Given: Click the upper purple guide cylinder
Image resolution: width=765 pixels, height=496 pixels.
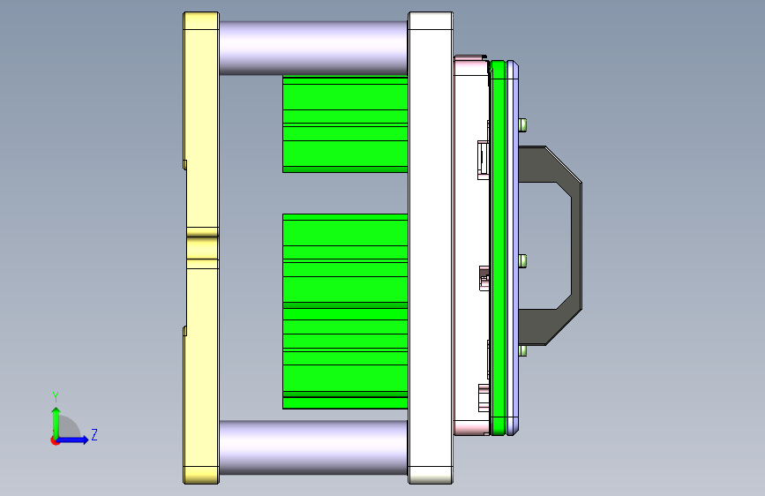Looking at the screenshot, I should tap(313, 48).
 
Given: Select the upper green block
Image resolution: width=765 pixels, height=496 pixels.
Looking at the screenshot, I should tap(344, 124).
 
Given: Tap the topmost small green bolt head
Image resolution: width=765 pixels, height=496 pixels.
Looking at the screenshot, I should tap(524, 124).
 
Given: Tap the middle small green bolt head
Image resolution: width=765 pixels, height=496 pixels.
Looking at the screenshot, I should tap(524, 260).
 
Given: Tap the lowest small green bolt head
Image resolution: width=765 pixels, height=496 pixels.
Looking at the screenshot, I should tap(524, 350).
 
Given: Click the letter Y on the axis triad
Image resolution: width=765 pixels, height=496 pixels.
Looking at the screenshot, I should tap(56, 396).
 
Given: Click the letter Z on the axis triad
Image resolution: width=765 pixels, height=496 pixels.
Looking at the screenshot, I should tap(94, 435).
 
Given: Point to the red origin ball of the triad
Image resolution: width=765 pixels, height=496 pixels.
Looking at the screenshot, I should tap(56, 440).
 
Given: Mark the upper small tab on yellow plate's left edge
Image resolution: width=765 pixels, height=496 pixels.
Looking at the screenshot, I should tap(184, 164).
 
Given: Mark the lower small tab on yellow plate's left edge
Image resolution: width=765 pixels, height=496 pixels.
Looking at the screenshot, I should tap(184, 331).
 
